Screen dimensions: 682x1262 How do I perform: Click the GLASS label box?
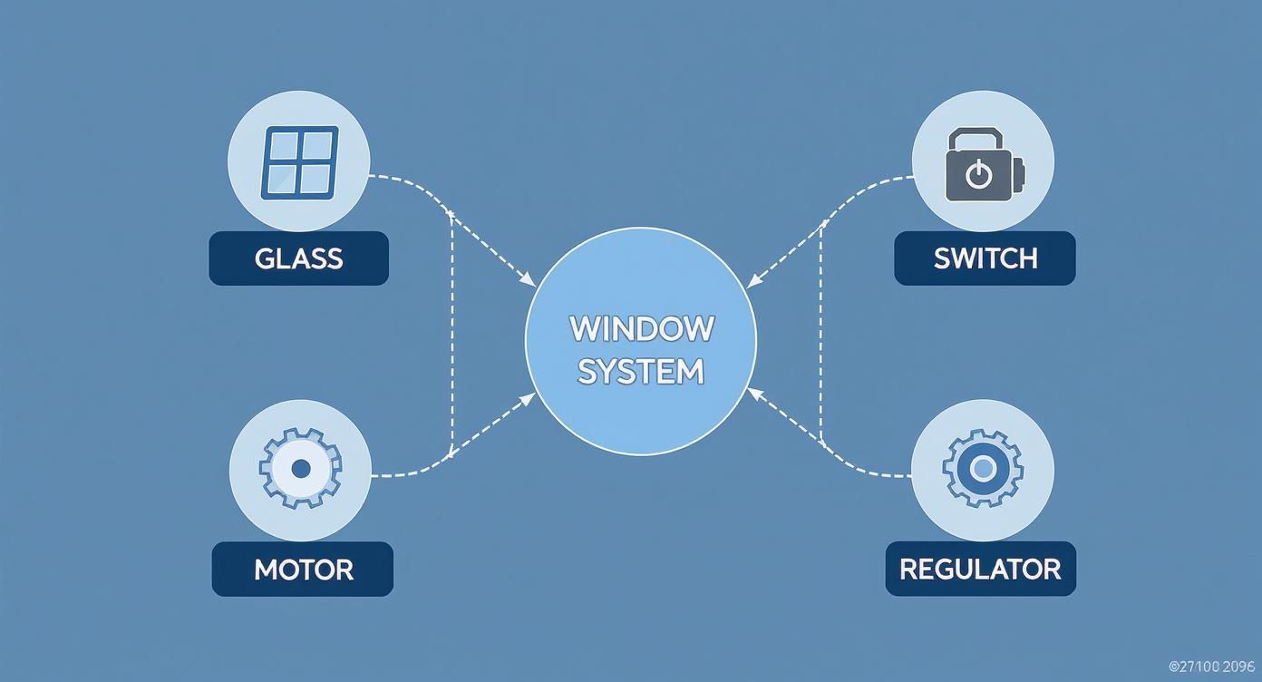(x=298, y=258)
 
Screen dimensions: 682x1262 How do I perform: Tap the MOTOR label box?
(x=302, y=570)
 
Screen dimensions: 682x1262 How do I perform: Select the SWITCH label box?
(x=985, y=258)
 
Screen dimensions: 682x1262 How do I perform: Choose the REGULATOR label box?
(x=980, y=570)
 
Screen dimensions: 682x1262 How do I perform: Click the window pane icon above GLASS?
(x=299, y=162)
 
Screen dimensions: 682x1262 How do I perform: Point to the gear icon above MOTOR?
(x=300, y=469)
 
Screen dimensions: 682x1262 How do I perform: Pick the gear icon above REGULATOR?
(x=983, y=469)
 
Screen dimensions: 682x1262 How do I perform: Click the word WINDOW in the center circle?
(x=641, y=328)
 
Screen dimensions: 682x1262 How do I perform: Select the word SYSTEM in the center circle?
(x=641, y=372)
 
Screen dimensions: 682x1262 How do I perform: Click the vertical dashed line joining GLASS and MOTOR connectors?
(x=451, y=336)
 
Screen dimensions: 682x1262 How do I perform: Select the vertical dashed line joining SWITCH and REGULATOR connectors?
(x=821, y=336)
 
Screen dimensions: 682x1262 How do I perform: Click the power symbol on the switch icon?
(x=978, y=174)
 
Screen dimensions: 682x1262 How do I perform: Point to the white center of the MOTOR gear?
(x=301, y=469)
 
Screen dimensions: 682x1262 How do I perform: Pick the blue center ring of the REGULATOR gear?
(x=983, y=469)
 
